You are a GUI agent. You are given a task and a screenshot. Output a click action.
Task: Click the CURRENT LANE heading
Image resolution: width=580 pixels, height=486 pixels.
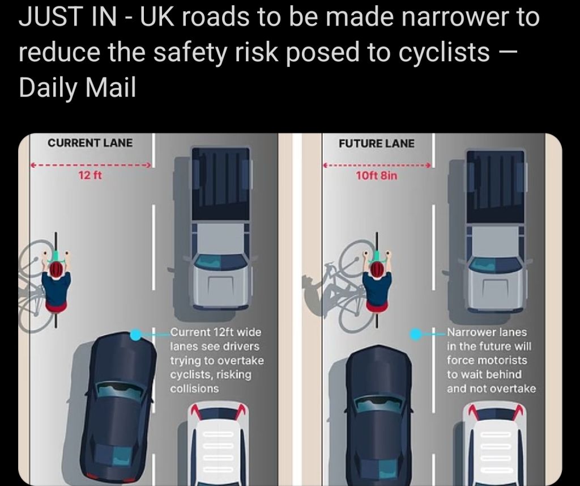(x=90, y=143)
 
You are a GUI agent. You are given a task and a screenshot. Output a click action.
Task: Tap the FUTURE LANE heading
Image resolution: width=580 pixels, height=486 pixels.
(x=377, y=143)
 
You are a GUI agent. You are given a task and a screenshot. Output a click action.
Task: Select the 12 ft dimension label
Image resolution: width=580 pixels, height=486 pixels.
(x=90, y=175)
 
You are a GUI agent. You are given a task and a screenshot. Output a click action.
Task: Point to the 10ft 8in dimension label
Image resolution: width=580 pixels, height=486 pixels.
(x=377, y=175)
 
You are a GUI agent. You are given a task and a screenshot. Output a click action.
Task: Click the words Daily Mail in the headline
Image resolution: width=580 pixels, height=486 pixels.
(x=77, y=87)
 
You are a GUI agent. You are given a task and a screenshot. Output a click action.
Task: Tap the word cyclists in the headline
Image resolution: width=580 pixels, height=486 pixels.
(x=444, y=52)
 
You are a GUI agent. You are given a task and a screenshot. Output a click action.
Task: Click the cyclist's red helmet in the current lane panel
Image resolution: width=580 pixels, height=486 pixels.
(x=56, y=271)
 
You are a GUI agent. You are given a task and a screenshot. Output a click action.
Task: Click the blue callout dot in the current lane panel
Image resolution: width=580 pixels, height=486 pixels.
(x=136, y=335)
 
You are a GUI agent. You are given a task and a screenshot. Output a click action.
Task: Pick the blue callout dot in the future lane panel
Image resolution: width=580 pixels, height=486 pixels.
(x=415, y=335)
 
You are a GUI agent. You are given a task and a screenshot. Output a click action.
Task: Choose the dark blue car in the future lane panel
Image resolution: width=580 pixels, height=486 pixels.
(x=378, y=415)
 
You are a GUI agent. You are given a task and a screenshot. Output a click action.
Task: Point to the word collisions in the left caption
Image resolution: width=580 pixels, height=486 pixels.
(x=194, y=388)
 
